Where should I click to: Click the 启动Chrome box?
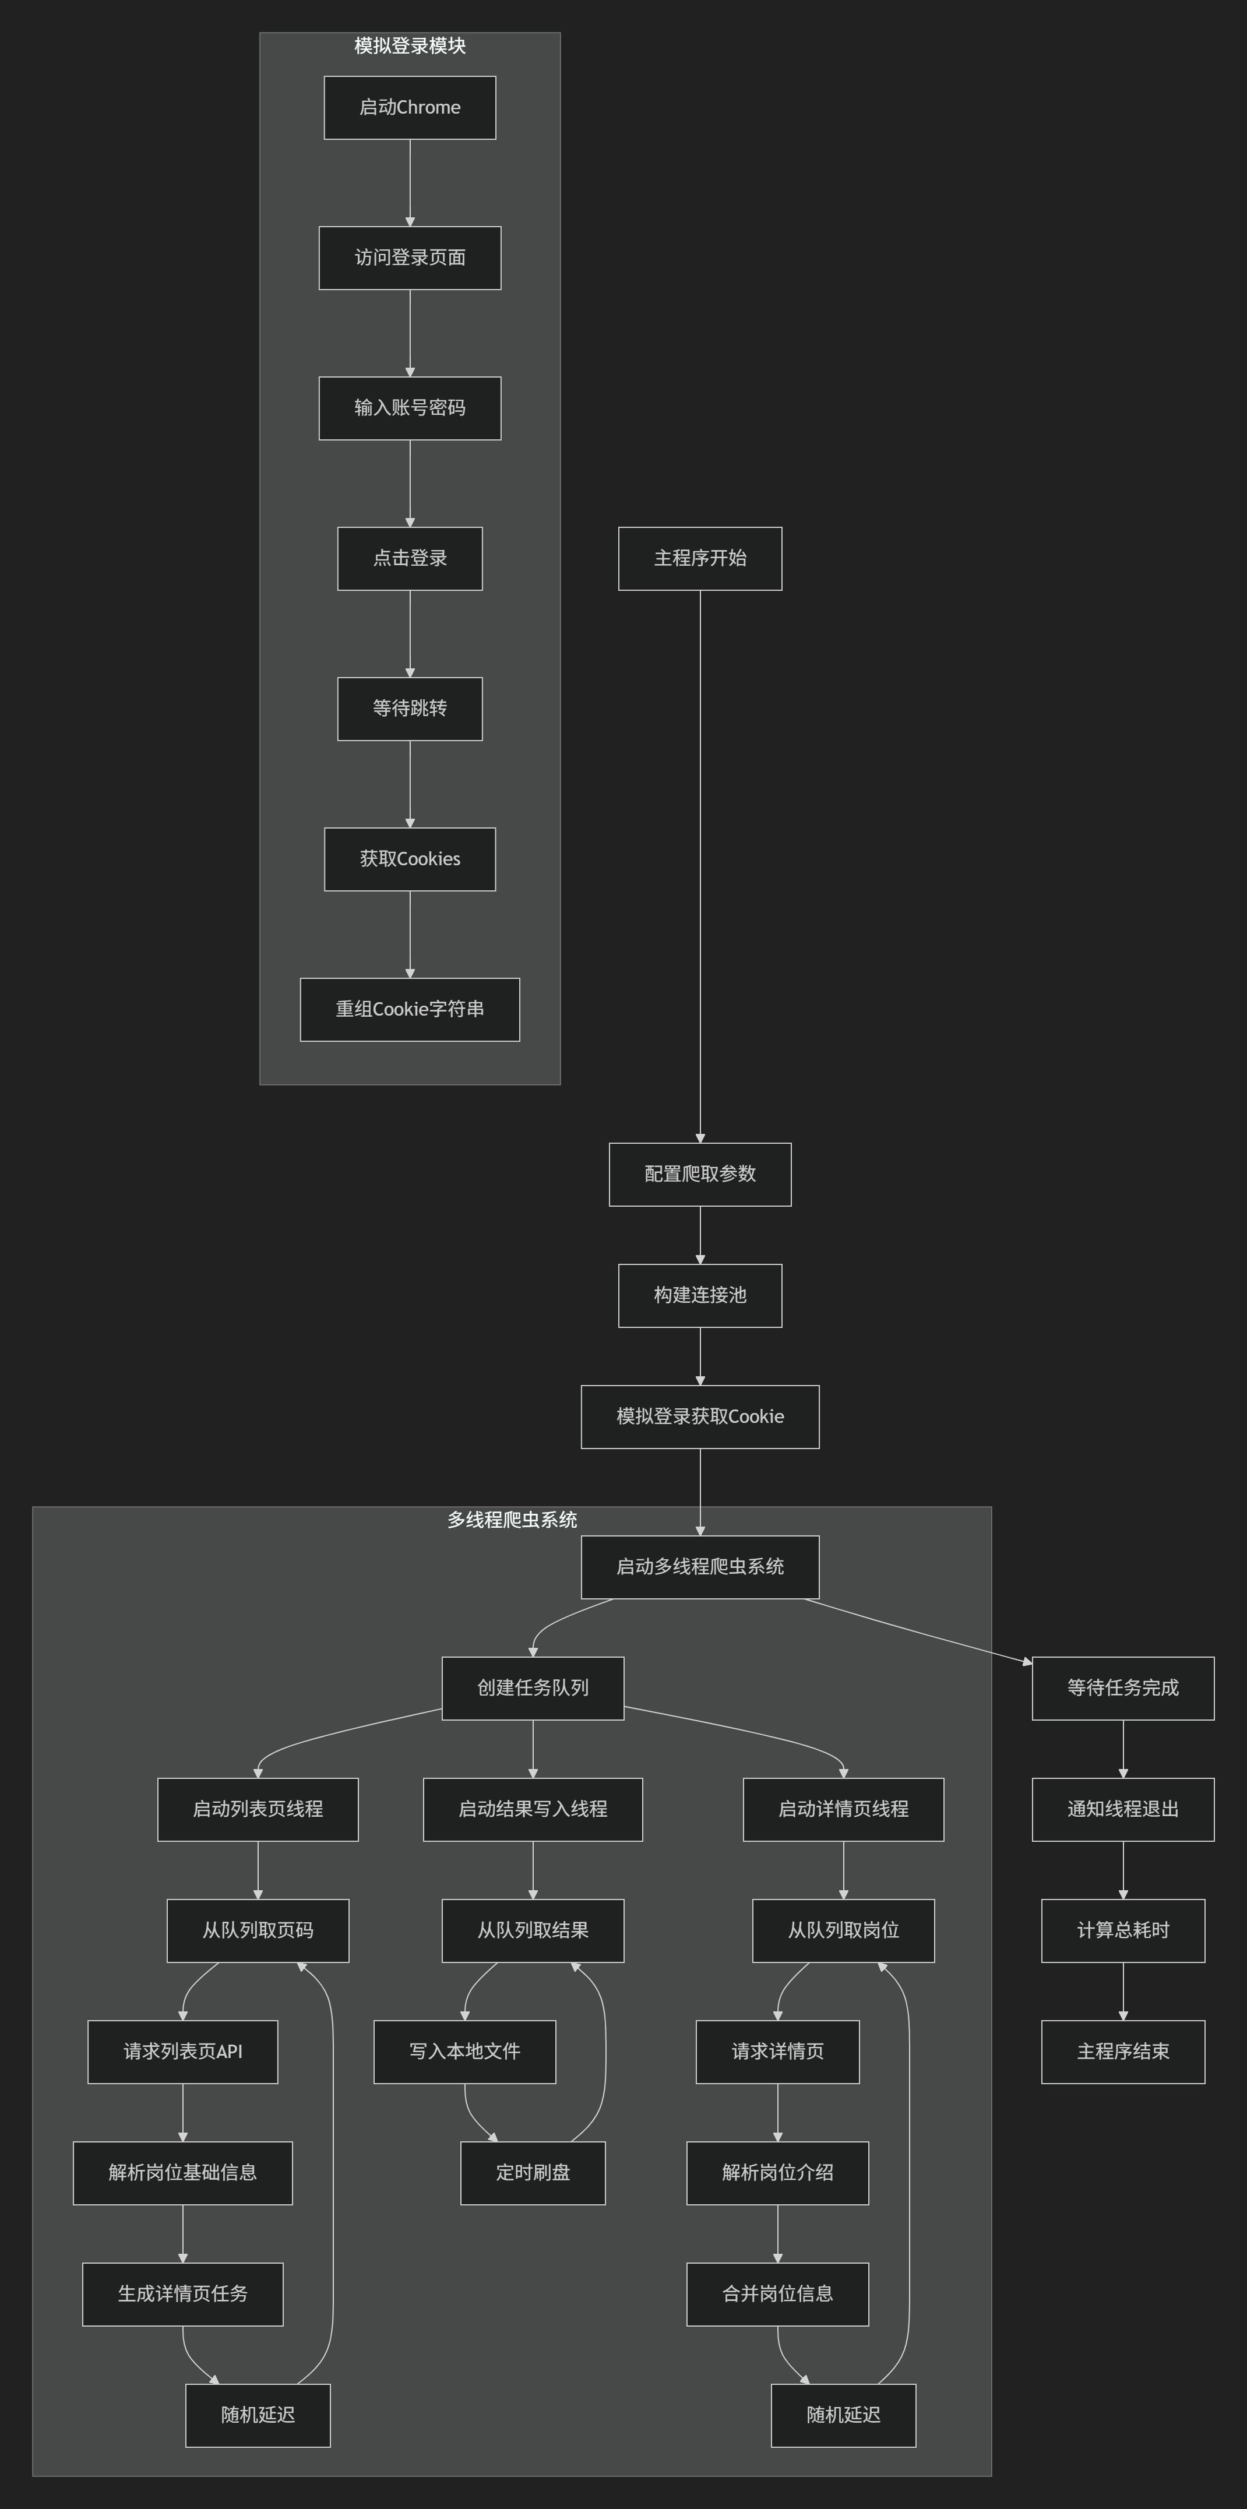point(409,107)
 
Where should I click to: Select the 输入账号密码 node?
point(409,408)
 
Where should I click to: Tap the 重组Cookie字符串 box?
point(409,1009)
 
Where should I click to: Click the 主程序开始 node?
point(699,558)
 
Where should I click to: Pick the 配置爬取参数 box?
point(699,1174)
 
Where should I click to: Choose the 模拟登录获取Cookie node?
point(699,1416)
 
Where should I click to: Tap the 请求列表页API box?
point(182,2051)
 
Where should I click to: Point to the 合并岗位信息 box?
point(777,2294)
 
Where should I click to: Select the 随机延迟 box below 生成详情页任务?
point(257,2415)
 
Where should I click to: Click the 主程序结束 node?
point(1122,2051)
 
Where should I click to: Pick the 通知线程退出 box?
point(1122,1809)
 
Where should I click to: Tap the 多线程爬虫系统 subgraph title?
point(512,1520)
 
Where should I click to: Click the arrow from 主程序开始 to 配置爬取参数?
point(699,867)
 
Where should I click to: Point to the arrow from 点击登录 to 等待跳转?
point(409,633)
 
